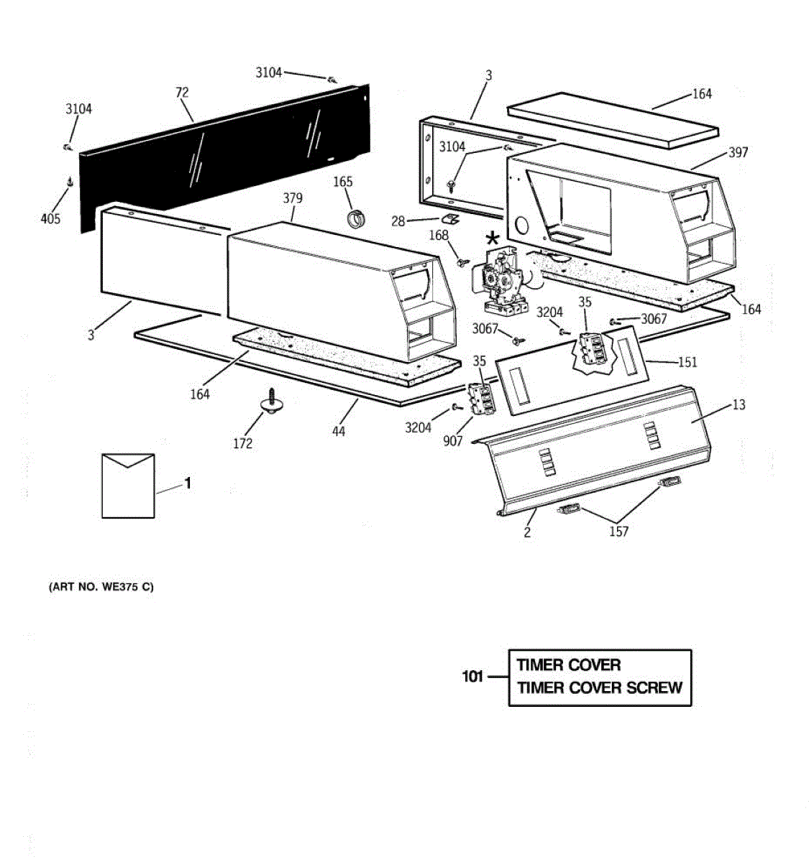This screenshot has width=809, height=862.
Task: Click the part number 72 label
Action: (x=182, y=92)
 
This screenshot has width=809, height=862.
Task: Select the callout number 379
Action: (x=293, y=198)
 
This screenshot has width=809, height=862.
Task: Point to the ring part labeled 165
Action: (x=357, y=217)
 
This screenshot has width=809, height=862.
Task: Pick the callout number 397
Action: (x=738, y=152)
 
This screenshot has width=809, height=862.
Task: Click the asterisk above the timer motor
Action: (x=492, y=238)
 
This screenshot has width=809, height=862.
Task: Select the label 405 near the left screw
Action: (x=50, y=218)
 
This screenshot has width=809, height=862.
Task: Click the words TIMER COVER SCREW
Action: (x=600, y=688)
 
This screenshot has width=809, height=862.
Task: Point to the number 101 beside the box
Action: (x=472, y=676)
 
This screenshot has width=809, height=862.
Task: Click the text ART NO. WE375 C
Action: (x=101, y=587)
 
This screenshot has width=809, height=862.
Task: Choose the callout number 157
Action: (x=618, y=532)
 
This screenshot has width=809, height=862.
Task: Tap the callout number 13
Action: (x=739, y=404)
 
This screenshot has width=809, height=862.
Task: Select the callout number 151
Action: (x=687, y=362)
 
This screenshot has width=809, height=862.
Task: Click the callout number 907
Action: (x=453, y=441)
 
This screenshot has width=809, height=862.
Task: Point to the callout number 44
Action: (x=338, y=431)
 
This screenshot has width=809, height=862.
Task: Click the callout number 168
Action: (x=438, y=235)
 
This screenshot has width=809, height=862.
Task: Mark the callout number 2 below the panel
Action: (x=527, y=532)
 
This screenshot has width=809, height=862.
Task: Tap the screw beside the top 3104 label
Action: (x=333, y=79)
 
